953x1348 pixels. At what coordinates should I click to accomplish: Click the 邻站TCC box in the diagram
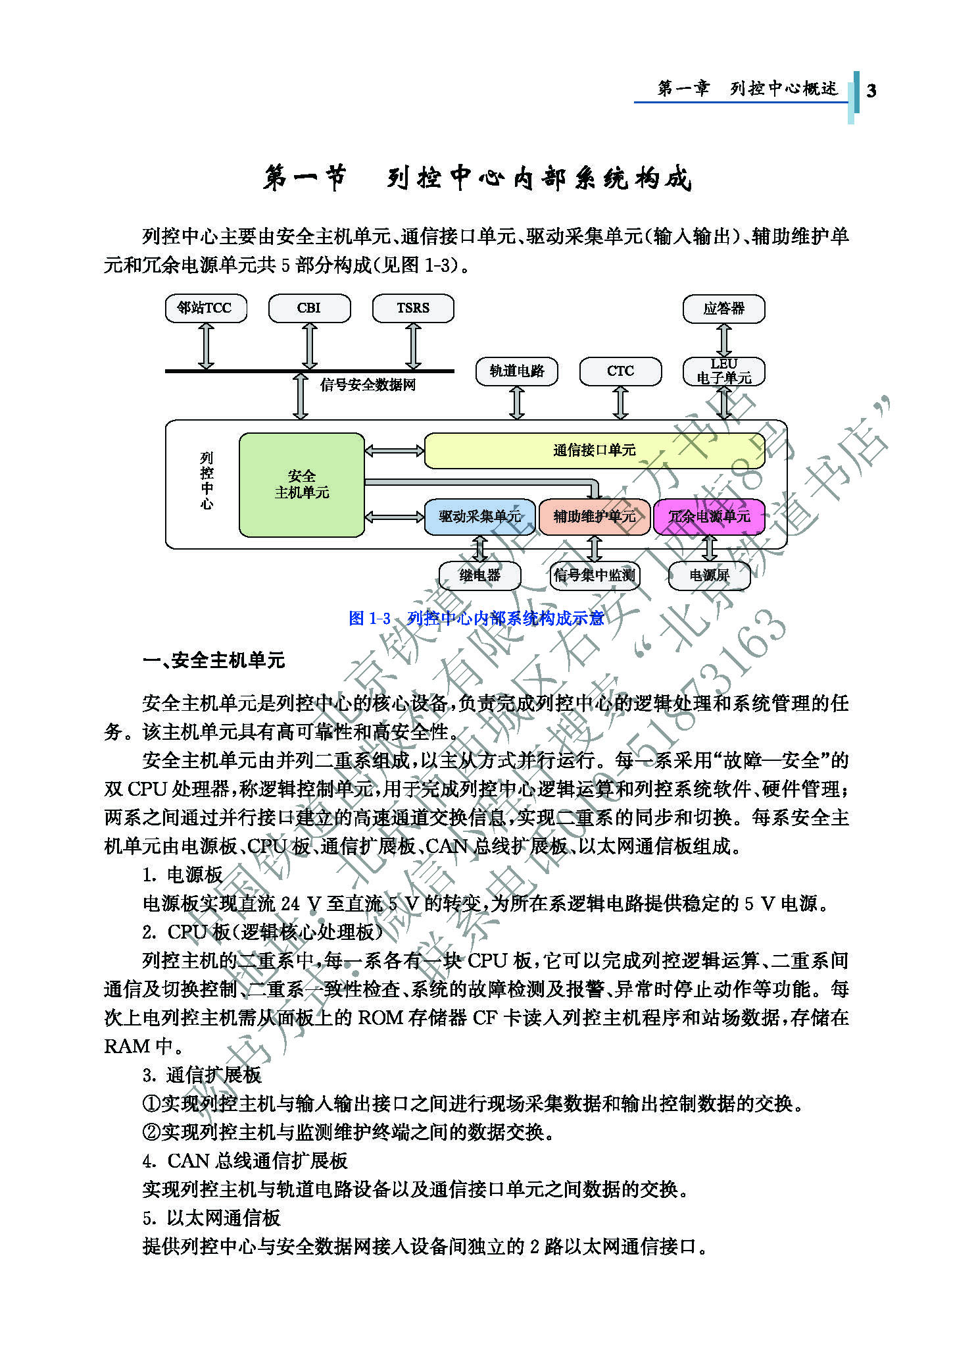(x=206, y=308)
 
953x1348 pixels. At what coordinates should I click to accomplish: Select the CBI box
(x=309, y=308)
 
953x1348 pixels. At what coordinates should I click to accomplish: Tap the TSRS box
(x=413, y=308)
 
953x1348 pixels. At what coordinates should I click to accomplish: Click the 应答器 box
(x=723, y=309)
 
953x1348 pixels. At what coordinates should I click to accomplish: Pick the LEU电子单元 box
(x=723, y=371)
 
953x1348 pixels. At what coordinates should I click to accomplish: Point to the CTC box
(x=620, y=371)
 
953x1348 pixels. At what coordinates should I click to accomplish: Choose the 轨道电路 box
(x=516, y=371)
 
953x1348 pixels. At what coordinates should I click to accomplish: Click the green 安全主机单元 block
(x=301, y=484)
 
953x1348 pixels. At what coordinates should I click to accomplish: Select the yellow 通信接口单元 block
(x=594, y=450)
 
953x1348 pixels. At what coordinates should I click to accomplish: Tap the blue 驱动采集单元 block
(x=479, y=517)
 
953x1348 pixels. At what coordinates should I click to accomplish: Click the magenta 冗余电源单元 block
(x=709, y=517)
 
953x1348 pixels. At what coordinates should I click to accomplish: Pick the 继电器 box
(x=479, y=576)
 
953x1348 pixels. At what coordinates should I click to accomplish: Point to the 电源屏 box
(x=709, y=576)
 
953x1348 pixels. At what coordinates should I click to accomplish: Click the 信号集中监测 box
(x=594, y=576)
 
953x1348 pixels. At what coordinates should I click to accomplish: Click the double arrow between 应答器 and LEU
(x=723, y=340)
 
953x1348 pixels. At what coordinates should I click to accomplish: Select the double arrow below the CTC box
(x=620, y=402)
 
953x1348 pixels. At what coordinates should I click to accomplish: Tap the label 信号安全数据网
(x=368, y=385)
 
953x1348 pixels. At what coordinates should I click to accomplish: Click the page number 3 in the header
(x=871, y=91)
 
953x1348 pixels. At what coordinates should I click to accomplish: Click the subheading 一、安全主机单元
(x=214, y=660)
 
